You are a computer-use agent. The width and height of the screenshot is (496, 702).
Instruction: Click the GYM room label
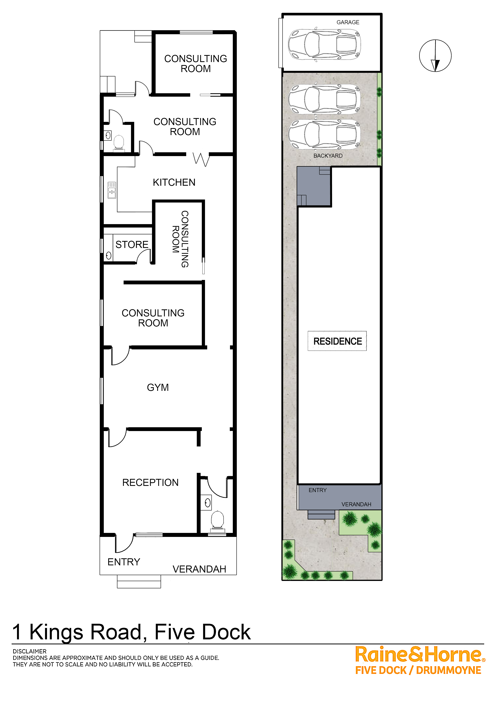[158, 387]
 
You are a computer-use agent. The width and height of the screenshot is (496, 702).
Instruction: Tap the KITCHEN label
[174, 182]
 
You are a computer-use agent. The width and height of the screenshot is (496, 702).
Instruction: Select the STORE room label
[132, 244]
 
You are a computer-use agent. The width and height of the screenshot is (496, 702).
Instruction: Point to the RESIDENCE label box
[337, 341]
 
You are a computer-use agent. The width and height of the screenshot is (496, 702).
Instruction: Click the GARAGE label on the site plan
[348, 22]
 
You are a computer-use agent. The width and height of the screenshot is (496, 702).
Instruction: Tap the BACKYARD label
[328, 156]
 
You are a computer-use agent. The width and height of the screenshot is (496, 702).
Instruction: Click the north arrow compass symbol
[435, 56]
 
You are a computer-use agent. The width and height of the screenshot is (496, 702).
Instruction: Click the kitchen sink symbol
[112, 190]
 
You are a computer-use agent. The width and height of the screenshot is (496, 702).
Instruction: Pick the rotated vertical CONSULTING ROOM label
[180, 239]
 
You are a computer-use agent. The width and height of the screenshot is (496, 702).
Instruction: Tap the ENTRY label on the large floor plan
[124, 562]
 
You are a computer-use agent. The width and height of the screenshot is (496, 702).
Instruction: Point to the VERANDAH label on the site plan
[356, 504]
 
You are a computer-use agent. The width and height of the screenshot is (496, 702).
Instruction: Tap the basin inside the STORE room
[108, 256]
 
